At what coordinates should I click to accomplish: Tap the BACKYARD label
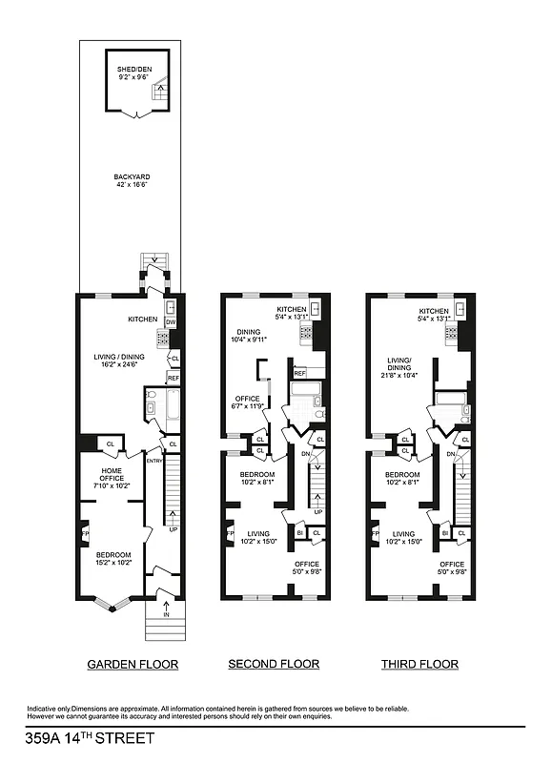click(132, 177)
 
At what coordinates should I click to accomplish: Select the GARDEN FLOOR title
click(133, 664)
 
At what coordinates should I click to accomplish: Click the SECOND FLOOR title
click(274, 664)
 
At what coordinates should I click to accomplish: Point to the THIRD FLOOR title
click(419, 664)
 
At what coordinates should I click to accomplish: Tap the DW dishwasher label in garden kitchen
click(171, 323)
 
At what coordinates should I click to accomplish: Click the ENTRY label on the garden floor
click(153, 461)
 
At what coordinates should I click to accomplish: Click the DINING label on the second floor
click(245, 332)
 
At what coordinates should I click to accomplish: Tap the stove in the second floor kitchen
click(306, 333)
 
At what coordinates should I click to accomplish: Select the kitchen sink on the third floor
click(460, 308)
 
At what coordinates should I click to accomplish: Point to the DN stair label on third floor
click(450, 454)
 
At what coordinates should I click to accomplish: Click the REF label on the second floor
click(300, 373)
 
